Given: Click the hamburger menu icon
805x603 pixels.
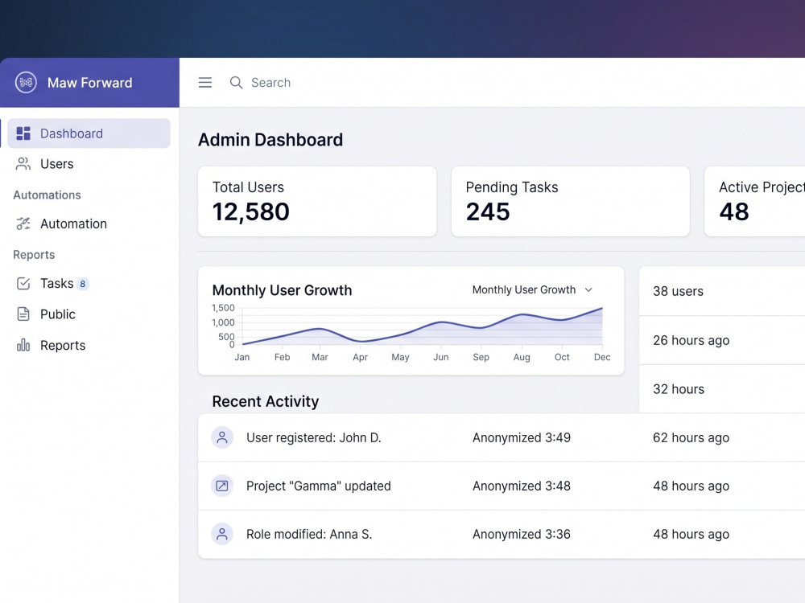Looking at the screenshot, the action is (x=205, y=83).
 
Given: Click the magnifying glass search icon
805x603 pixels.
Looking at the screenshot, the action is (x=236, y=83).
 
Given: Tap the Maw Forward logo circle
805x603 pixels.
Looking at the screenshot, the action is (x=26, y=83).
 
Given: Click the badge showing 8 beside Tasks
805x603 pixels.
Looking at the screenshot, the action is (x=83, y=284).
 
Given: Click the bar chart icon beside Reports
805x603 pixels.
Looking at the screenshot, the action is (x=23, y=345).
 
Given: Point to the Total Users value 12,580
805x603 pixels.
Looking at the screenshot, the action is (x=251, y=211).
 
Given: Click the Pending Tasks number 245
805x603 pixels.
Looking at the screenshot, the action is (x=488, y=211).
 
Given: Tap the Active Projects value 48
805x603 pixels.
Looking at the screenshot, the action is (x=734, y=211).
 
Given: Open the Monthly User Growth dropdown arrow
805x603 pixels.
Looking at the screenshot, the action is (x=589, y=290).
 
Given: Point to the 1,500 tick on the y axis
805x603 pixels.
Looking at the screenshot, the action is (x=223, y=308).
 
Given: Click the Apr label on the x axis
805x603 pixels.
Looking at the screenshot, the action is (x=361, y=358).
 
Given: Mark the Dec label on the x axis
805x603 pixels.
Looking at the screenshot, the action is (x=602, y=357).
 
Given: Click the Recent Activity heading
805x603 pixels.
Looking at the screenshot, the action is (x=266, y=401).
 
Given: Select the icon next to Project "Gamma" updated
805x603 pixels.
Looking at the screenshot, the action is (x=222, y=486).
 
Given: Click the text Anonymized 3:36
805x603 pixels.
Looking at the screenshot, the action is (x=522, y=535).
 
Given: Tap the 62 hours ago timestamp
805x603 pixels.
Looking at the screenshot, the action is (x=691, y=438).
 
